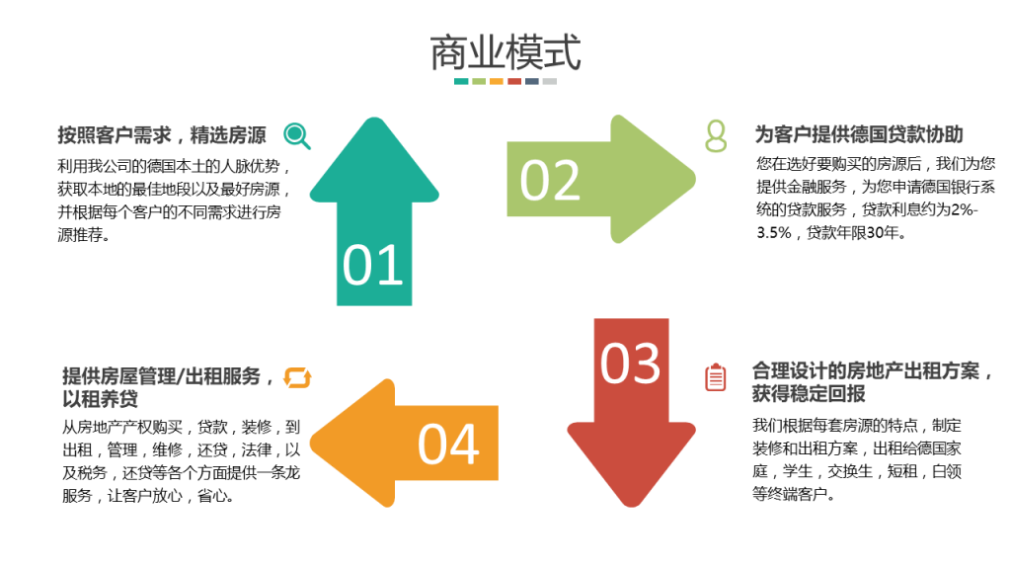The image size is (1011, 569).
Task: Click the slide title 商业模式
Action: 505,52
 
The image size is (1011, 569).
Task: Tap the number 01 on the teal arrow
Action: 372,266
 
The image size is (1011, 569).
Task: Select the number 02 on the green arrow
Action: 550,180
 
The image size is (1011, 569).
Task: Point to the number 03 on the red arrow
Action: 630,363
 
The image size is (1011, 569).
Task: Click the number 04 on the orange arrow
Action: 448,445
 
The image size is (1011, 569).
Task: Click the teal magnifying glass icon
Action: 297,136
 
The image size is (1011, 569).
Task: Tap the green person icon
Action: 716,136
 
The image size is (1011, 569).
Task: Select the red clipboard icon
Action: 716,377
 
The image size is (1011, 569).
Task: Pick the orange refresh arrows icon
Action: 297,377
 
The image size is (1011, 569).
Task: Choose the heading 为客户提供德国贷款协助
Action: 859,134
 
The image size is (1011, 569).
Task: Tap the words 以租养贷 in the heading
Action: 100,400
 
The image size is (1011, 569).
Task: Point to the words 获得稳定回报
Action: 809,394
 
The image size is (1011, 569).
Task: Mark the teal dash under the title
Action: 461,81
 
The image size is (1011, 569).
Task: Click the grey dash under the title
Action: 550,81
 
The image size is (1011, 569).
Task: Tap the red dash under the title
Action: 514,81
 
